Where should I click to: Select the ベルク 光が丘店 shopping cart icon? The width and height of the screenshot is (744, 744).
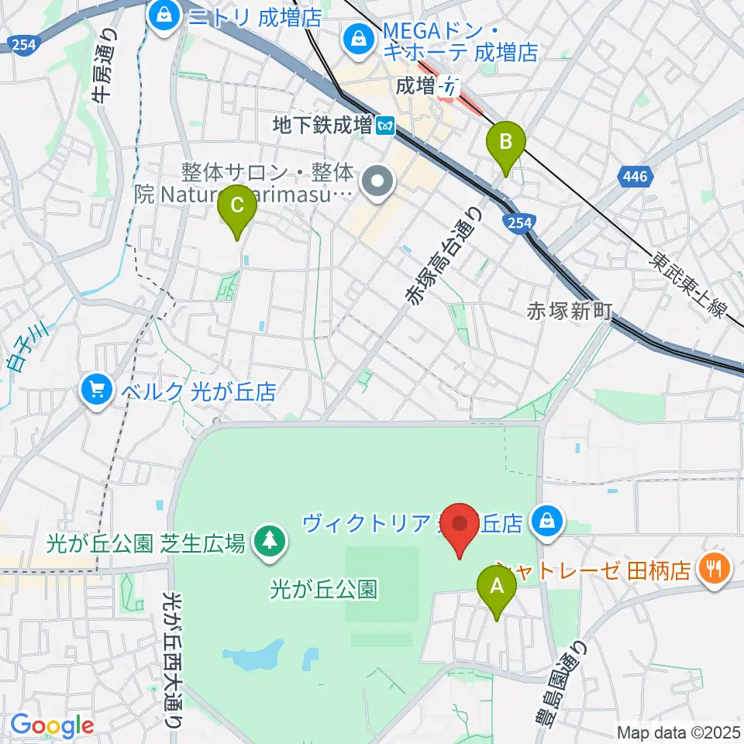point(97,389)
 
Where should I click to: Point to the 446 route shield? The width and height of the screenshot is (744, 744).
point(635,177)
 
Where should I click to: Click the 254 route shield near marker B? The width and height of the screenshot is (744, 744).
point(518,223)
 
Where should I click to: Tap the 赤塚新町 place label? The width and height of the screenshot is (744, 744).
point(570,311)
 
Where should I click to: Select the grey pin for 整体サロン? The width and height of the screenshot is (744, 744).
point(379,183)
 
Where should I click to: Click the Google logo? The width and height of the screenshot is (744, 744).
point(52,725)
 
